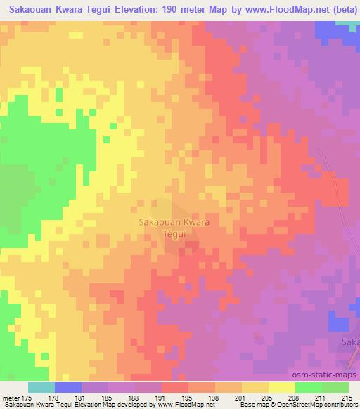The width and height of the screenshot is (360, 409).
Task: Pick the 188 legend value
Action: (134, 398)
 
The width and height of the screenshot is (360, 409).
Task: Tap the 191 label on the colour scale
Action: (161, 398)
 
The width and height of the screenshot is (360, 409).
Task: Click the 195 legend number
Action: (188, 398)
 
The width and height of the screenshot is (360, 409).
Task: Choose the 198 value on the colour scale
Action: (214, 398)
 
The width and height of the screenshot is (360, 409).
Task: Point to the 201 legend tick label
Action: (241, 398)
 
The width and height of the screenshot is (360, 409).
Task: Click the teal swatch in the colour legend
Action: (41, 387)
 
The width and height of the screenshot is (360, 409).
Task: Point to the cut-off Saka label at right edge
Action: (350, 342)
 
